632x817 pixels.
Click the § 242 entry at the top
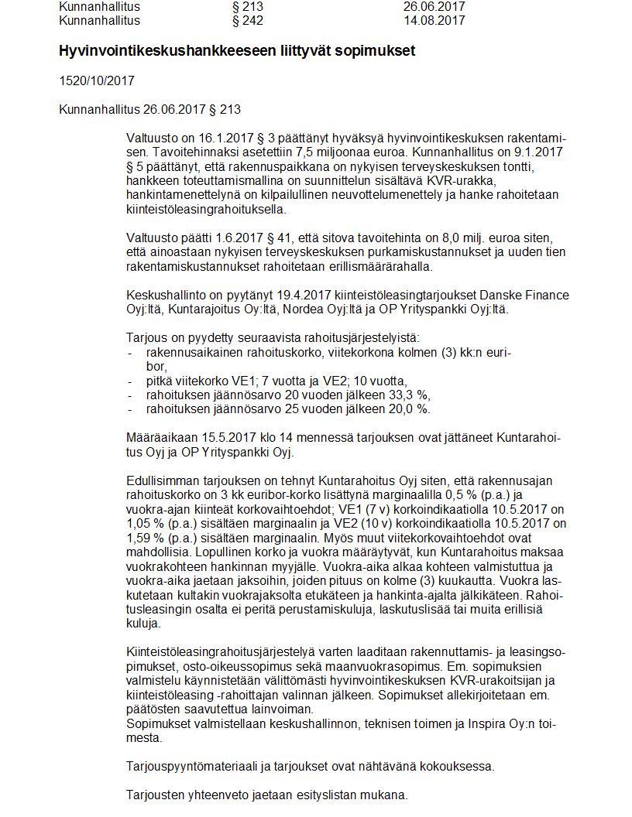(x=248, y=21)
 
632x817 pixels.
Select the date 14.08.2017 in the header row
(x=434, y=21)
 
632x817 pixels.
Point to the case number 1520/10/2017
(x=97, y=80)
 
